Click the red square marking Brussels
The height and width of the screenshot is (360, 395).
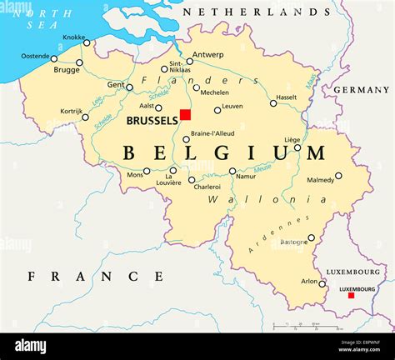pyautogui.click(x=186, y=114)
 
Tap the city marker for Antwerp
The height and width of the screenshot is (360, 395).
pyautogui.click(x=189, y=62)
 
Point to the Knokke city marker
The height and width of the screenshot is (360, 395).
pyautogui.click(x=87, y=43)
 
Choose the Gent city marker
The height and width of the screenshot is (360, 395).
pyautogui.click(x=129, y=87)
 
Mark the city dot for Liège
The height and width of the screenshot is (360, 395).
pyautogui.click(x=297, y=147)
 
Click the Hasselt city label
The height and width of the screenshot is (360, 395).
pyautogui.click(x=286, y=97)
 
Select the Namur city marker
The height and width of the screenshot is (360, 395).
pyautogui.click(x=232, y=172)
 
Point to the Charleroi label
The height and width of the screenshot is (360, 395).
pyautogui.click(x=207, y=187)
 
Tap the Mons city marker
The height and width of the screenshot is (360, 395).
pyautogui.click(x=147, y=172)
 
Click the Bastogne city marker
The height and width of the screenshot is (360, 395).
pyautogui.click(x=311, y=237)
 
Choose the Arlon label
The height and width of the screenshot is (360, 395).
pyautogui.click(x=308, y=282)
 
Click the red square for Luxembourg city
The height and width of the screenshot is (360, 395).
pyautogui.click(x=351, y=296)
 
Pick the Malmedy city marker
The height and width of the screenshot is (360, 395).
pyautogui.click(x=338, y=176)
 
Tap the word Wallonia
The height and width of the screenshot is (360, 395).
pyautogui.click(x=244, y=200)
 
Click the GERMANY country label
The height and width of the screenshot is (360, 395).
pyautogui.click(x=362, y=89)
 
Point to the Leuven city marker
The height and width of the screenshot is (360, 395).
pyautogui.click(x=217, y=110)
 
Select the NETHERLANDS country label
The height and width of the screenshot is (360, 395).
pyautogui.click(x=257, y=12)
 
